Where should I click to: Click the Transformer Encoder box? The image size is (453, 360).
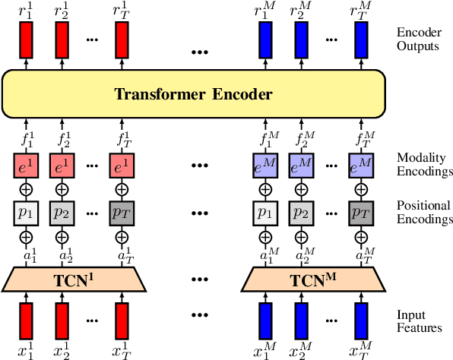pos(193,95)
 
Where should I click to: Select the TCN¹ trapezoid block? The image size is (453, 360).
pos(72,279)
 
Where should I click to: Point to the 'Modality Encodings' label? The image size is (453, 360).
pos(423,165)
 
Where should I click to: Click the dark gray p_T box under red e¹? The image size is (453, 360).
pos(121,211)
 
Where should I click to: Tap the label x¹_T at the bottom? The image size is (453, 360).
pos(122,350)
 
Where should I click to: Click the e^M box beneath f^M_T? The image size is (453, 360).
pos(361,165)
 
